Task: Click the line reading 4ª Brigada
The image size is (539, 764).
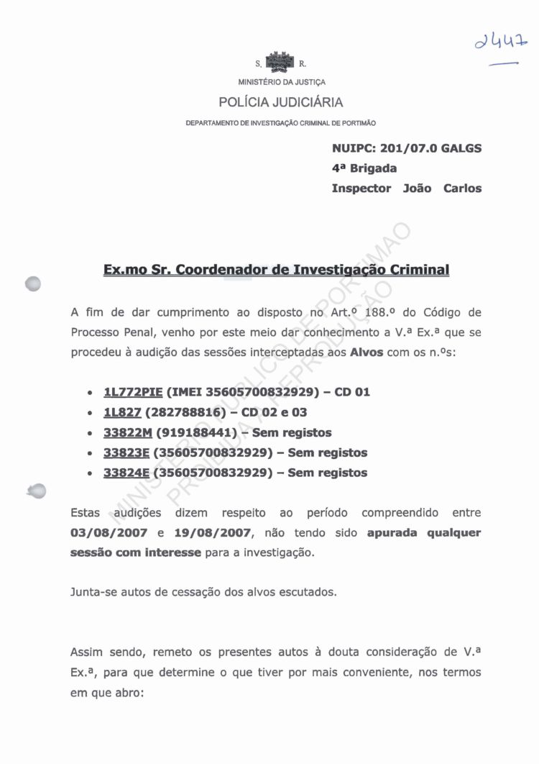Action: (364, 168)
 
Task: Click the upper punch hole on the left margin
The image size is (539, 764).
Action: (34, 284)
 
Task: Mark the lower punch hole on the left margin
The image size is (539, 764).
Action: (35, 490)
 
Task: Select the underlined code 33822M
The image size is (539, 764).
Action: (126, 432)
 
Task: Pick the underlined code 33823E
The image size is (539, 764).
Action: (126, 453)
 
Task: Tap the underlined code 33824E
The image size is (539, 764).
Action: (126, 473)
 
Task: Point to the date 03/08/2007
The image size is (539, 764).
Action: (109, 533)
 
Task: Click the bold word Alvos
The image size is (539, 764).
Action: (367, 353)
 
